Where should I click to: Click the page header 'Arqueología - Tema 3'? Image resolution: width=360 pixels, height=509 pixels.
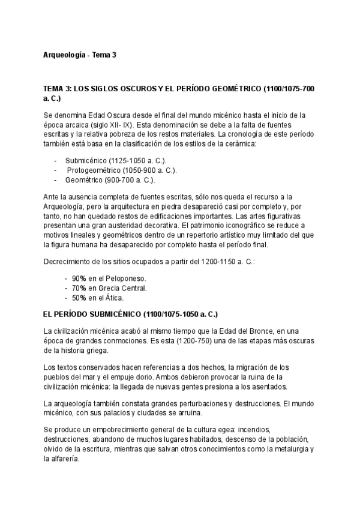coord(80,55)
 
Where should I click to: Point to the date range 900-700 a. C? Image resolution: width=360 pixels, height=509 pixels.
coord(128,179)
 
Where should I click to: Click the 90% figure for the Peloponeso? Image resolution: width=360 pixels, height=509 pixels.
coord(79,279)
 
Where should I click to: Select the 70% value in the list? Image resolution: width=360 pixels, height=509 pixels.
coord(79,288)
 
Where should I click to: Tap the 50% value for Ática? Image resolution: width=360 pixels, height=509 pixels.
coord(79,297)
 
